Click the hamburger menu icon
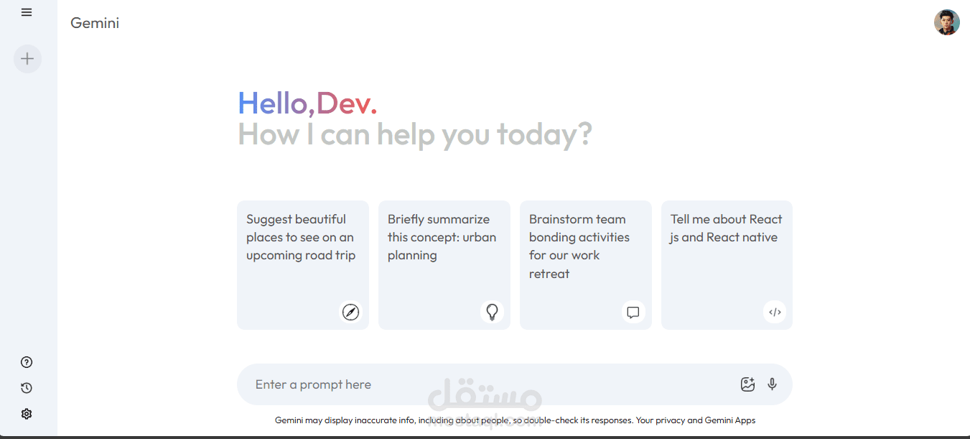[x=27, y=12]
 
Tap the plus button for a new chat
[x=27, y=58]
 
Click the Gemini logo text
[x=95, y=23]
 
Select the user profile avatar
[x=946, y=22]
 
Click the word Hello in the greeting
[x=273, y=103]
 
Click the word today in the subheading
[x=544, y=134]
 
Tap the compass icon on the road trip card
[x=350, y=312]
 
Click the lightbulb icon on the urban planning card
[x=492, y=312]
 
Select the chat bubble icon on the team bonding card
[x=633, y=312]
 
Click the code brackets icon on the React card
[x=775, y=312]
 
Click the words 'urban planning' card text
[x=442, y=246]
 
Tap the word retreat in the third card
[x=549, y=274]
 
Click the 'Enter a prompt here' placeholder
[x=313, y=384]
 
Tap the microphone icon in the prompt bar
[x=772, y=384]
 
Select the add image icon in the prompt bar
[x=747, y=384]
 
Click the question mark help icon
[x=27, y=362]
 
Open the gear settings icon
[x=27, y=414]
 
